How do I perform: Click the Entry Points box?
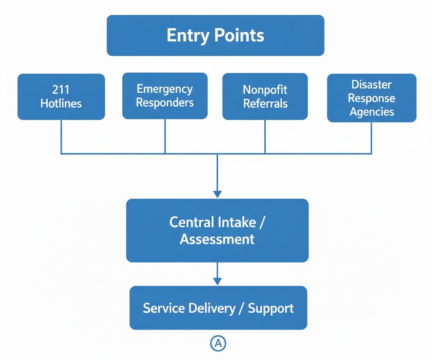coord(215,35)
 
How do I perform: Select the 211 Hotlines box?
coord(61,97)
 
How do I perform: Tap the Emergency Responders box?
coord(165,96)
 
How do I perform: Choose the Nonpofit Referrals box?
coord(265,97)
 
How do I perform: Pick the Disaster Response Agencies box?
coord(372,98)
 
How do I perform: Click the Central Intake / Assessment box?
coord(217,230)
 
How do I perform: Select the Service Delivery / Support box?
coord(218,308)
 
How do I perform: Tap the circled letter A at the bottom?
coord(218,344)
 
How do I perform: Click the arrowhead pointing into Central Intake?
coord(217,194)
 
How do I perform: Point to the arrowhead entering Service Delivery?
coord(217,282)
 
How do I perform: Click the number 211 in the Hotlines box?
coord(61,89)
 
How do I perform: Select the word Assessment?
coord(217,239)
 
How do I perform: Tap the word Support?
coord(270,308)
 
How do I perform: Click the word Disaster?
coord(372,84)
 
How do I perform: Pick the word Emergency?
coord(165,89)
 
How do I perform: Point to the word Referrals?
coord(265,103)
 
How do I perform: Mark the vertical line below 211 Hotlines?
coord(62,136)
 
